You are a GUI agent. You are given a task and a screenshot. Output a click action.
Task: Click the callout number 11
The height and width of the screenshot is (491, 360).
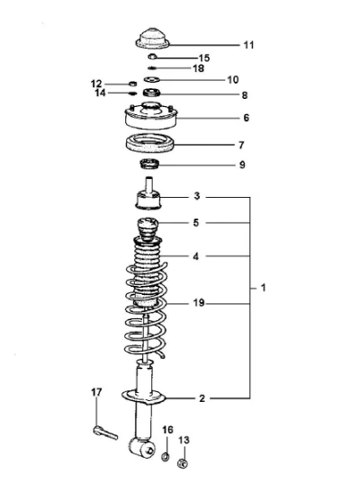pos(248,45)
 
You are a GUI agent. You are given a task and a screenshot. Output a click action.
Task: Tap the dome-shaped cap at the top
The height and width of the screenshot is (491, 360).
pos(153,39)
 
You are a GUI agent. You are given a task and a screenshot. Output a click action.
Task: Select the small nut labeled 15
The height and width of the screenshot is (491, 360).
pos(152,57)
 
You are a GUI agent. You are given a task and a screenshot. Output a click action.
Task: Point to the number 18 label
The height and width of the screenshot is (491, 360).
pos(199,68)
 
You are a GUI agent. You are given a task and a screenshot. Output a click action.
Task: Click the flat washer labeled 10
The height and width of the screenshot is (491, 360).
pos(152,79)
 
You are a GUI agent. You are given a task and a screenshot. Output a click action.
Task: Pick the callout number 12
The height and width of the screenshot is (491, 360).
pos(96,84)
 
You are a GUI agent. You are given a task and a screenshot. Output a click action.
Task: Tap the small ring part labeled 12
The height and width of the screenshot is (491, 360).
pos(133,84)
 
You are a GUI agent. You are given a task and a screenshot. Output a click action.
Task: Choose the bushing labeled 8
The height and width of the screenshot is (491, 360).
pos(151,93)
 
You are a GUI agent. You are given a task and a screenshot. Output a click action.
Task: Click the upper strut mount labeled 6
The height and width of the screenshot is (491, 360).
pos(151,116)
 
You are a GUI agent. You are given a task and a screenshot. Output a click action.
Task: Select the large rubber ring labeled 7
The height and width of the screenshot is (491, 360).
pos(150,143)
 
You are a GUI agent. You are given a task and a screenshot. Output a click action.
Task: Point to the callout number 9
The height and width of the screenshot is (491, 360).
pos(242,165)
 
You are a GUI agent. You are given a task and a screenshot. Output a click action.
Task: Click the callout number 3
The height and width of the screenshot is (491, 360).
pos(197,196)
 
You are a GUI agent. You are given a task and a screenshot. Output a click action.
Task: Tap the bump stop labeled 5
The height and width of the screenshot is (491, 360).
pos(148,229)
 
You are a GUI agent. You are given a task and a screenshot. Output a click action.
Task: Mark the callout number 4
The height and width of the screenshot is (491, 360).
pos(196,256)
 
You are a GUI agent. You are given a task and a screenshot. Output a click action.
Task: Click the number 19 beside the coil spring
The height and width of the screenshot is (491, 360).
pos(199,303)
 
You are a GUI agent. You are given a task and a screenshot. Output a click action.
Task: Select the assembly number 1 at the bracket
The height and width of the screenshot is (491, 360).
pos(263,288)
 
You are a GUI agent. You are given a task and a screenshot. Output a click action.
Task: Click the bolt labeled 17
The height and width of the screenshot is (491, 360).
pos(105,433)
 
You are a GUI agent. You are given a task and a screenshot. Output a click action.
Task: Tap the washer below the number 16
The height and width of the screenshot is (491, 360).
pos(166,456)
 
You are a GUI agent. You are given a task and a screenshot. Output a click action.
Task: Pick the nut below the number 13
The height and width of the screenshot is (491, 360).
pos(183,463)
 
